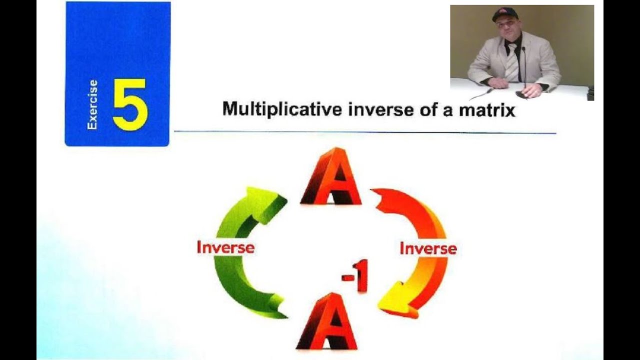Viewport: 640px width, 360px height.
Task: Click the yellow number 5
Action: click(x=129, y=104)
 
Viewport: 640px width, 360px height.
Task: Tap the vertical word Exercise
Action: click(x=92, y=105)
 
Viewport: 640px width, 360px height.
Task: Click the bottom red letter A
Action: click(x=327, y=322)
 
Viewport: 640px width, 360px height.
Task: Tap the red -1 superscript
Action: click(x=355, y=275)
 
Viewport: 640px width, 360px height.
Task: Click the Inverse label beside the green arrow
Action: click(x=225, y=247)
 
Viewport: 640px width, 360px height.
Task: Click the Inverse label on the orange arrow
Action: click(x=428, y=248)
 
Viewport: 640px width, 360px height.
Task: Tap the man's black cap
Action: click(x=504, y=14)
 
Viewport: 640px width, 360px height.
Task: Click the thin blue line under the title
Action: click(x=365, y=132)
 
